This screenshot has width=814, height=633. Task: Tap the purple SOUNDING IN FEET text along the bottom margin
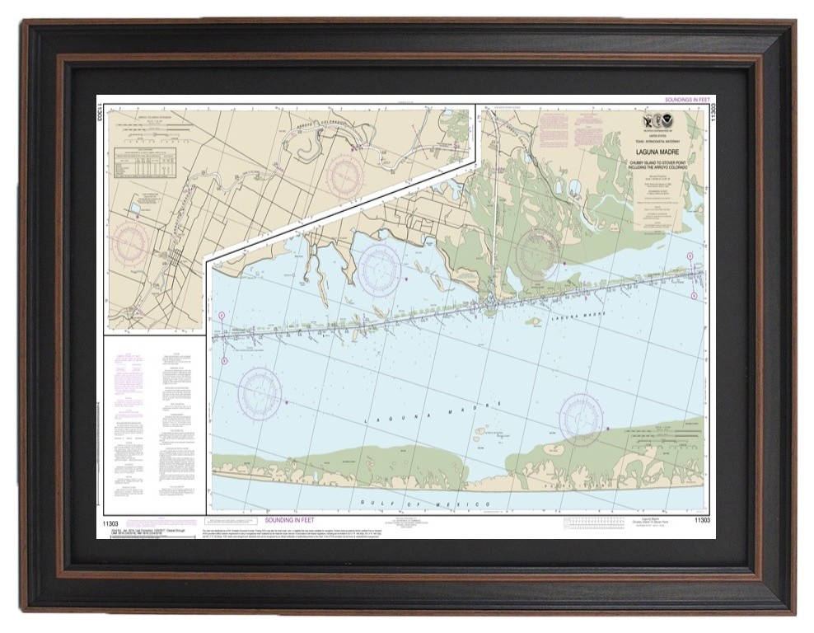click(297, 521)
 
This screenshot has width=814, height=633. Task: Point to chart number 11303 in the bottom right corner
click(701, 521)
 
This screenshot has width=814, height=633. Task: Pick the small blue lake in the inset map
click(134, 211)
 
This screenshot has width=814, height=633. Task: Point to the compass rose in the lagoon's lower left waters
click(260, 391)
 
